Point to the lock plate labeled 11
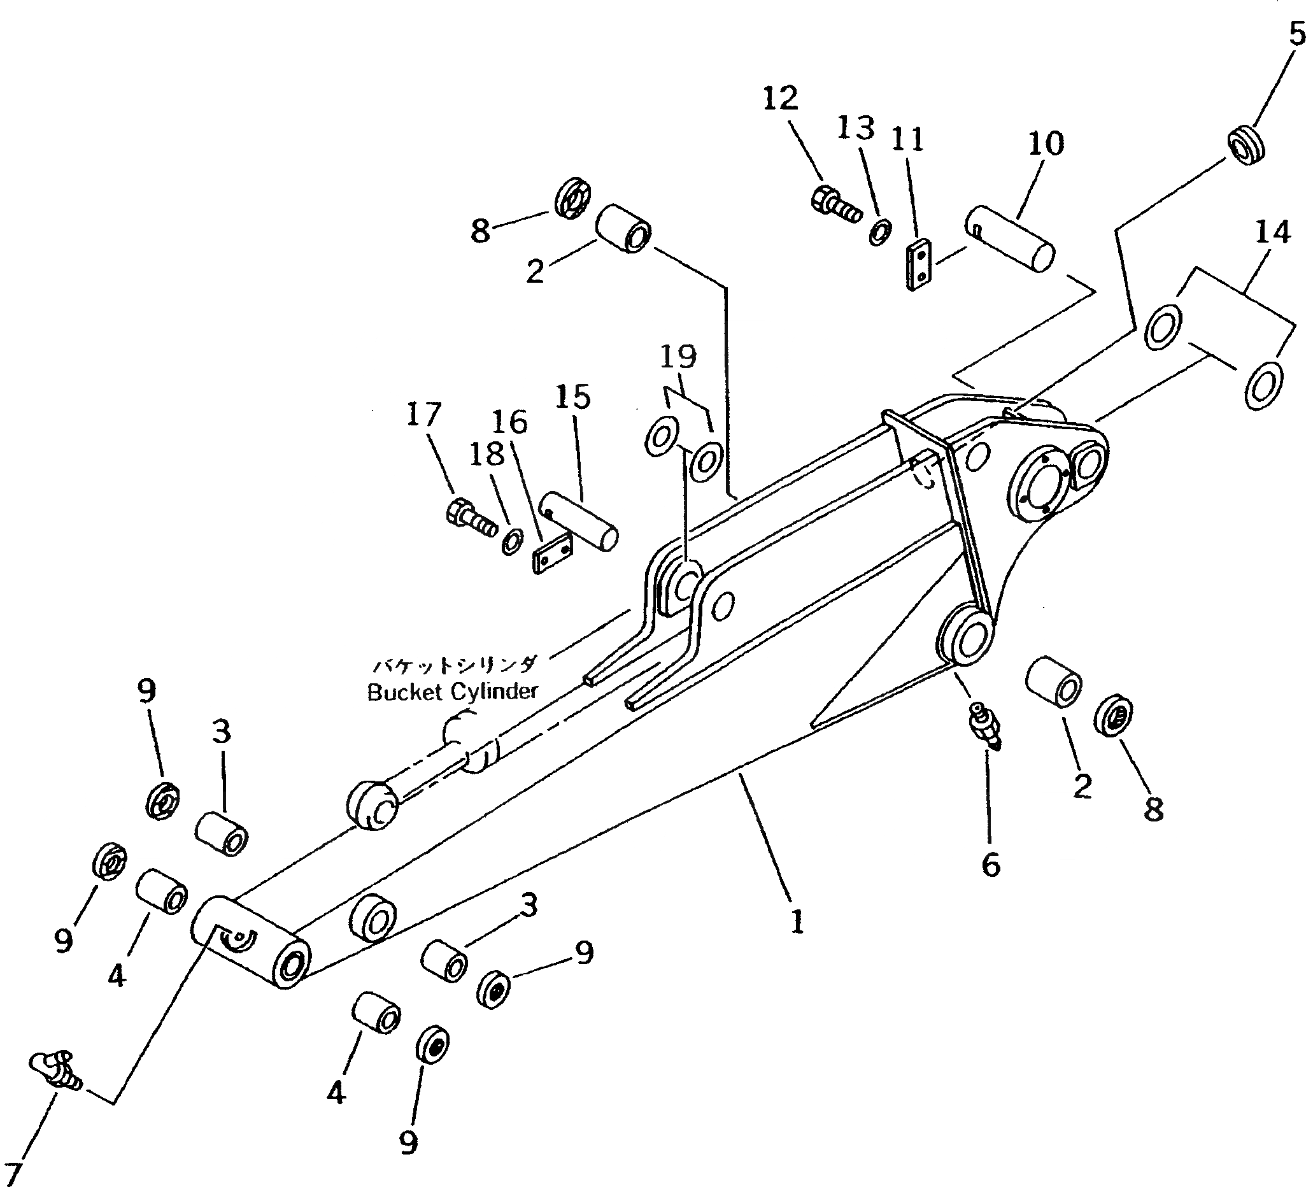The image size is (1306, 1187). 919,265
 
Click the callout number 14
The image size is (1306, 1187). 1273,232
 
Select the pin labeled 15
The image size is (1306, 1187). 579,529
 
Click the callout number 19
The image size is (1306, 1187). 678,357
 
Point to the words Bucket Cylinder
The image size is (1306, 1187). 452,692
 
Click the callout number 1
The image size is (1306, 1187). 797,921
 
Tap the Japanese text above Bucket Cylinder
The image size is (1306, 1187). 454,665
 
